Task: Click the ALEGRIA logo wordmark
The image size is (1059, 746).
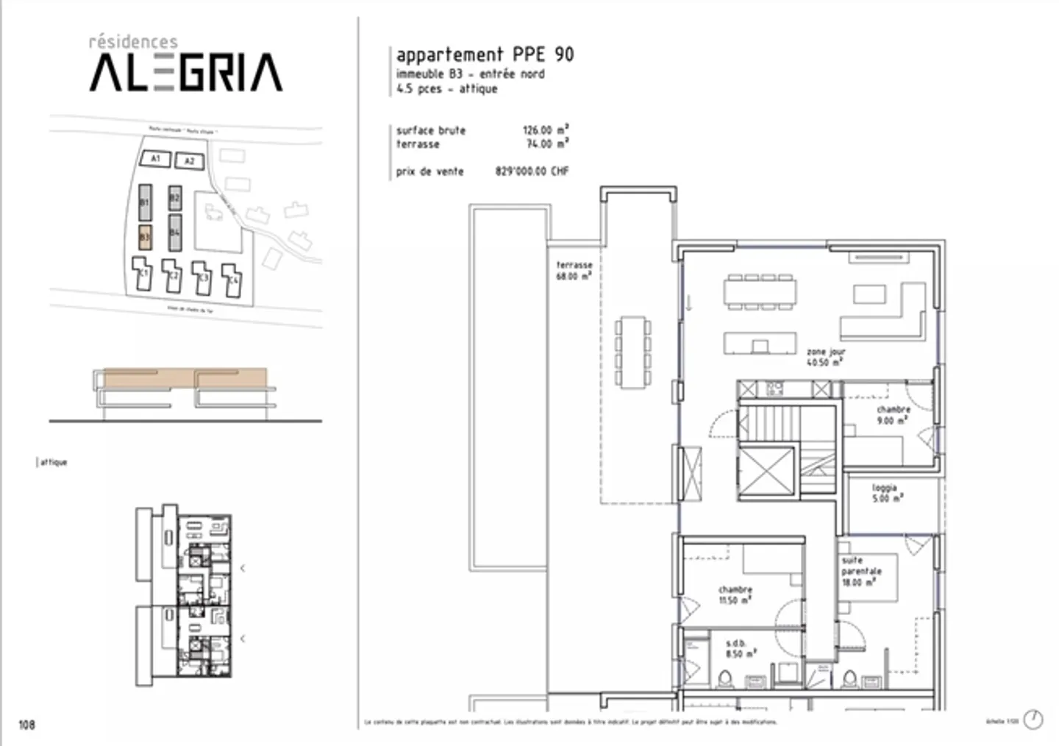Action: tap(185, 72)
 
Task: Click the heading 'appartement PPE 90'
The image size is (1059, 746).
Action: tap(485, 54)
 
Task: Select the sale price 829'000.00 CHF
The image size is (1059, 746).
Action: tap(532, 171)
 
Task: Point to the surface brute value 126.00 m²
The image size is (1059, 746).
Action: tap(546, 130)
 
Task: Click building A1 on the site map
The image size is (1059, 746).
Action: tap(155, 159)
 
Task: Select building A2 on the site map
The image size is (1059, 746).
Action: tap(189, 161)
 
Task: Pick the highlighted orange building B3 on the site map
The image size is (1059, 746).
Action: tap(145, 237)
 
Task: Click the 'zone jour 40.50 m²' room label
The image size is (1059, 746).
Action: tap(825, 357)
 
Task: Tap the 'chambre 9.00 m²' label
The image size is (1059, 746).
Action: tap(893, 415)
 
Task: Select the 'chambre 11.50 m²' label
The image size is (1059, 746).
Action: tap(735, 594)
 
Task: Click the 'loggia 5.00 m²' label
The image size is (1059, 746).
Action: tap(885, 493)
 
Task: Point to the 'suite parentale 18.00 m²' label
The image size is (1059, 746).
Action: tap(860, 571)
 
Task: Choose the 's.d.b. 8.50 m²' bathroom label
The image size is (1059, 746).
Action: tap(736, 648)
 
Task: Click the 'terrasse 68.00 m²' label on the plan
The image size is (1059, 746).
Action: tap(574, 270)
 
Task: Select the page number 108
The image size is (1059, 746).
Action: tap(26, 725)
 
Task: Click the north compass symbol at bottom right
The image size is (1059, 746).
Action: tap(1033, 720)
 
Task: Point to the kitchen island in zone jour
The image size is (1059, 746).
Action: tap(760, 344)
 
